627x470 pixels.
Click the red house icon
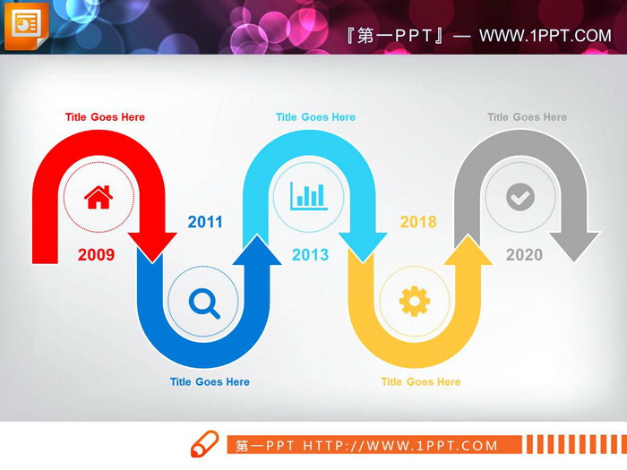[99, 197]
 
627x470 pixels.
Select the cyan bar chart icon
[309, 196]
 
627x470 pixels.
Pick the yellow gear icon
[415, 302]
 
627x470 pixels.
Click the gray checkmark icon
[520, 197]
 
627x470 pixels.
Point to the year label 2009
[97, 254]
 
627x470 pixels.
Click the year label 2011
[205, 222]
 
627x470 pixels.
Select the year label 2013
[310, 254]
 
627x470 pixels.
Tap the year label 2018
[418, 222]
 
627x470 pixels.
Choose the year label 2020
[524, 254]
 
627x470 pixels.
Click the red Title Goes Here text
[105, 117]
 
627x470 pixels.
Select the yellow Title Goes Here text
[421, 382]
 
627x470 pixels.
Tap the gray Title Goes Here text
[527, 117]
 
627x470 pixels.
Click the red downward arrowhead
[152, 246]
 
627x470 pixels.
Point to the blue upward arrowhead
[257, 250]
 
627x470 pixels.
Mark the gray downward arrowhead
[575, 246]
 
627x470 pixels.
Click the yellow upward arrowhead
[468, 250]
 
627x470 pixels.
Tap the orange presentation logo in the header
[26, 26]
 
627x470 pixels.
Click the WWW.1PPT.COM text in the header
[545, 36]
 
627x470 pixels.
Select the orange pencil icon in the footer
[204, 444]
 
